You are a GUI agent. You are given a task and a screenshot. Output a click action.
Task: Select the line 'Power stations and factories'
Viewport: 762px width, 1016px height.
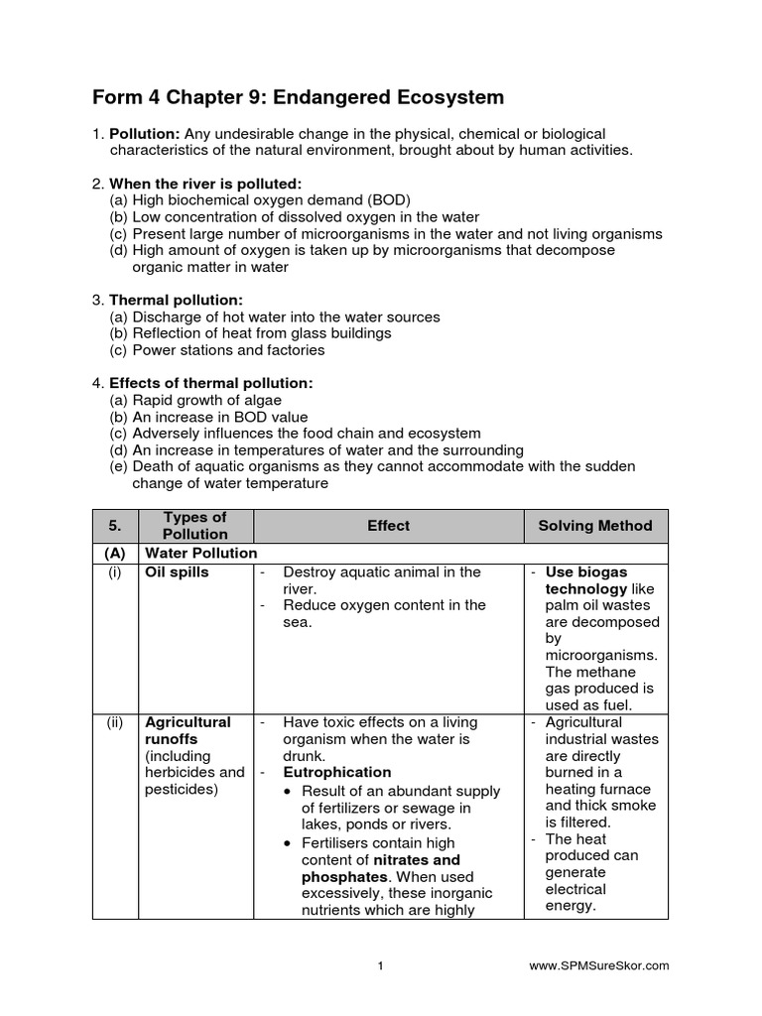pyautogui.click(x=228, y=350)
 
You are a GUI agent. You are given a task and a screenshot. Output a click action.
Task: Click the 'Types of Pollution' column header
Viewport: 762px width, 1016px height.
pyautogui.click(x=194, y=526)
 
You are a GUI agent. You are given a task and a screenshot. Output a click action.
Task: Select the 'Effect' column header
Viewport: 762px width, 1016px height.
pyautogui.click(x=388, y=526)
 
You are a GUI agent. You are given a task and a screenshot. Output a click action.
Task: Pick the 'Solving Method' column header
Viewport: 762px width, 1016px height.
pyautogui.click(x=595, y=526)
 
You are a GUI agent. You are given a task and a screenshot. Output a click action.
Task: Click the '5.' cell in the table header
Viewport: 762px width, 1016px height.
pyautogui.click(x=113, y=526)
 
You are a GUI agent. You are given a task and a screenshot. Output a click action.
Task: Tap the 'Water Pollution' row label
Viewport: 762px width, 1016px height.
pyautogui.click(x=201, y=553)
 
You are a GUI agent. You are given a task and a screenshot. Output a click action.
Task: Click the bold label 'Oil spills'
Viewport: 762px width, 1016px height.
pyautogui.click(x=177, y=572)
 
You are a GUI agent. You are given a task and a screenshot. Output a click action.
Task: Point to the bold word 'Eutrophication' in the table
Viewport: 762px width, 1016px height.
pyautogui.click(x=337, y=772)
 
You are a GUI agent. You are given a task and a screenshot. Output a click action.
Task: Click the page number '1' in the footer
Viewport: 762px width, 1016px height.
pyautogui.click(x=380, y=964)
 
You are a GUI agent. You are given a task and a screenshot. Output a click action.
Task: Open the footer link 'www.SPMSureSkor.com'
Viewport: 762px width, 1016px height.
pyautogui.click(x=599, y=964)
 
